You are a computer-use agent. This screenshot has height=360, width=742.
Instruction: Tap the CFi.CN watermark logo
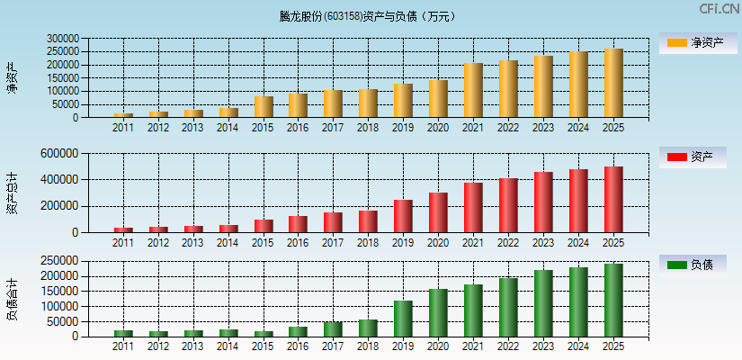pos(719,9)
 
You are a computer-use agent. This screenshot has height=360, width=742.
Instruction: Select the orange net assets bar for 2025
pos(613,83)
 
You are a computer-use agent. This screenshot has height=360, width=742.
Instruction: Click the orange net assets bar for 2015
pos(264,107)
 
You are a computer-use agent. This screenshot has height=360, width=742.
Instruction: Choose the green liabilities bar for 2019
pos(403,319)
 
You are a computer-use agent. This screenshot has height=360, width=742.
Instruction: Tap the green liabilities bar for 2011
pos(123,334)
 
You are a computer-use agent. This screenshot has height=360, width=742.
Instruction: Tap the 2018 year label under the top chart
pos(368,128)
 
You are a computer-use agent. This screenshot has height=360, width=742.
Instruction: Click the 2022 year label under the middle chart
pos(508,243)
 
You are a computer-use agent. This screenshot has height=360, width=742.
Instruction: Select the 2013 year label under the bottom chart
pos(193,346)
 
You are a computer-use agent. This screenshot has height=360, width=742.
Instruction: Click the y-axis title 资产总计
pos(12,193)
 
